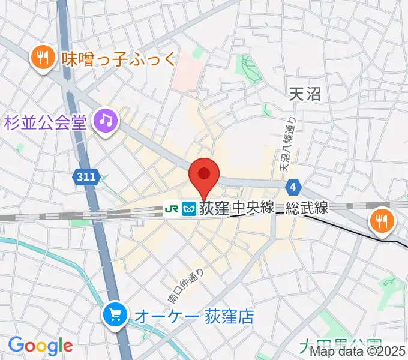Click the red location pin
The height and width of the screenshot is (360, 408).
coord(204,176)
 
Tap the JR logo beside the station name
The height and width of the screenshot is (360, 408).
coord(170,208)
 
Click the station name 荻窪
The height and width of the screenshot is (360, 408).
coord(214,208)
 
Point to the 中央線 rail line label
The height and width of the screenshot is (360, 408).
coord(253,208)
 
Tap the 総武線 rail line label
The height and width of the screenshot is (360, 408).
coord(307,208)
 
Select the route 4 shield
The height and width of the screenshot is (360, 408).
coord(292,187)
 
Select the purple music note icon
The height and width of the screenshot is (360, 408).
coord(107,122)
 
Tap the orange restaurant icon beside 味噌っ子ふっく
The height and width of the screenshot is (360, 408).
coord(41,58)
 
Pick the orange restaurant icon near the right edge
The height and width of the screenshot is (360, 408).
coord(382,220)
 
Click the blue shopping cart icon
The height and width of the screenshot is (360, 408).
coord(114,314)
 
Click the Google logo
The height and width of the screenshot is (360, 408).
coord(40,346)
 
